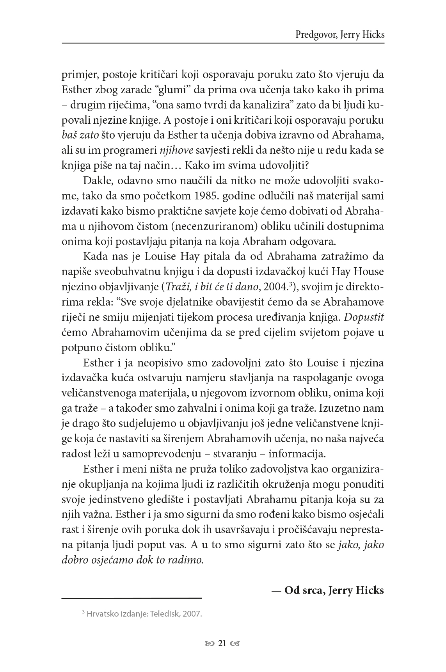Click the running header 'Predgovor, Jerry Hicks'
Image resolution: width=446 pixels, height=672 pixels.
pos(339,35)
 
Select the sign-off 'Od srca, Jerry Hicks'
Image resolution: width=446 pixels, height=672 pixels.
pos(328,590)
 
